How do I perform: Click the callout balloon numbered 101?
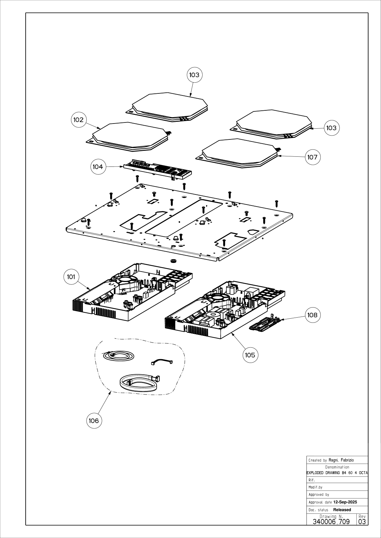(x=71, y=277)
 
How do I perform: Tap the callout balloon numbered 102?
(x=78, y=120)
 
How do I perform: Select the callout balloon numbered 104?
(x=98, y=167)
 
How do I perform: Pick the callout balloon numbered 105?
(x=250, y=355)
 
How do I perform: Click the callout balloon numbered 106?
(x=94, y=421)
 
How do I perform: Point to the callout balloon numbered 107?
(x=312, y=157)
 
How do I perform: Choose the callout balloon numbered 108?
(x=312, y=315)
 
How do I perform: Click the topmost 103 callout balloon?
(x=194, y=75)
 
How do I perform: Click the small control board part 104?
(x=158, y=169)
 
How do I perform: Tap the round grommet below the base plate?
(x=173, y=260)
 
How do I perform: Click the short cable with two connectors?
(x=161, y=362)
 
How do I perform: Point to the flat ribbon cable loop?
(x=138, y=383)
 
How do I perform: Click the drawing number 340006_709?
(x=331, y=521)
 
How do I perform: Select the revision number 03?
(x=362, y=521)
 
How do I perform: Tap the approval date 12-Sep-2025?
(x=345, y=502)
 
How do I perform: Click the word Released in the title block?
(x=342, y=510)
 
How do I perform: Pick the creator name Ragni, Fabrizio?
(x=341, y=460)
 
